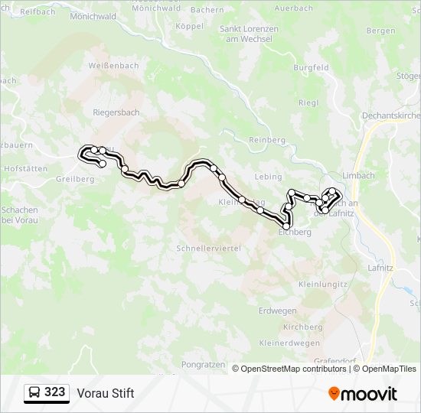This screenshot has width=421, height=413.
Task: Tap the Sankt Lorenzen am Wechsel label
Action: point(249,34)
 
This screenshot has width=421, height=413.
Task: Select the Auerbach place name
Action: point(294,8)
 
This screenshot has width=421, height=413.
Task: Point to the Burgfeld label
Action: point(310,68)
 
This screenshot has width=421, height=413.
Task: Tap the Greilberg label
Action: point(75,179)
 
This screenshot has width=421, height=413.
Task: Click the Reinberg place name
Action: point(267,140)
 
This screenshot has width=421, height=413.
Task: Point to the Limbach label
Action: point(359,175)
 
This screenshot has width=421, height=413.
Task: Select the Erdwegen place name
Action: point(278,311)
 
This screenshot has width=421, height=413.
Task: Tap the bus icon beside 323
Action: point(35,393)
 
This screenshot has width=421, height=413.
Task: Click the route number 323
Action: point(55,392)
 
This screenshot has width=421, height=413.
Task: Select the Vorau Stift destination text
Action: point(106,393)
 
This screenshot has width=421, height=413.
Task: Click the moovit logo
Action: point(362,393)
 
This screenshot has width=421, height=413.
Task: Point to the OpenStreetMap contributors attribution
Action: point(293,369)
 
